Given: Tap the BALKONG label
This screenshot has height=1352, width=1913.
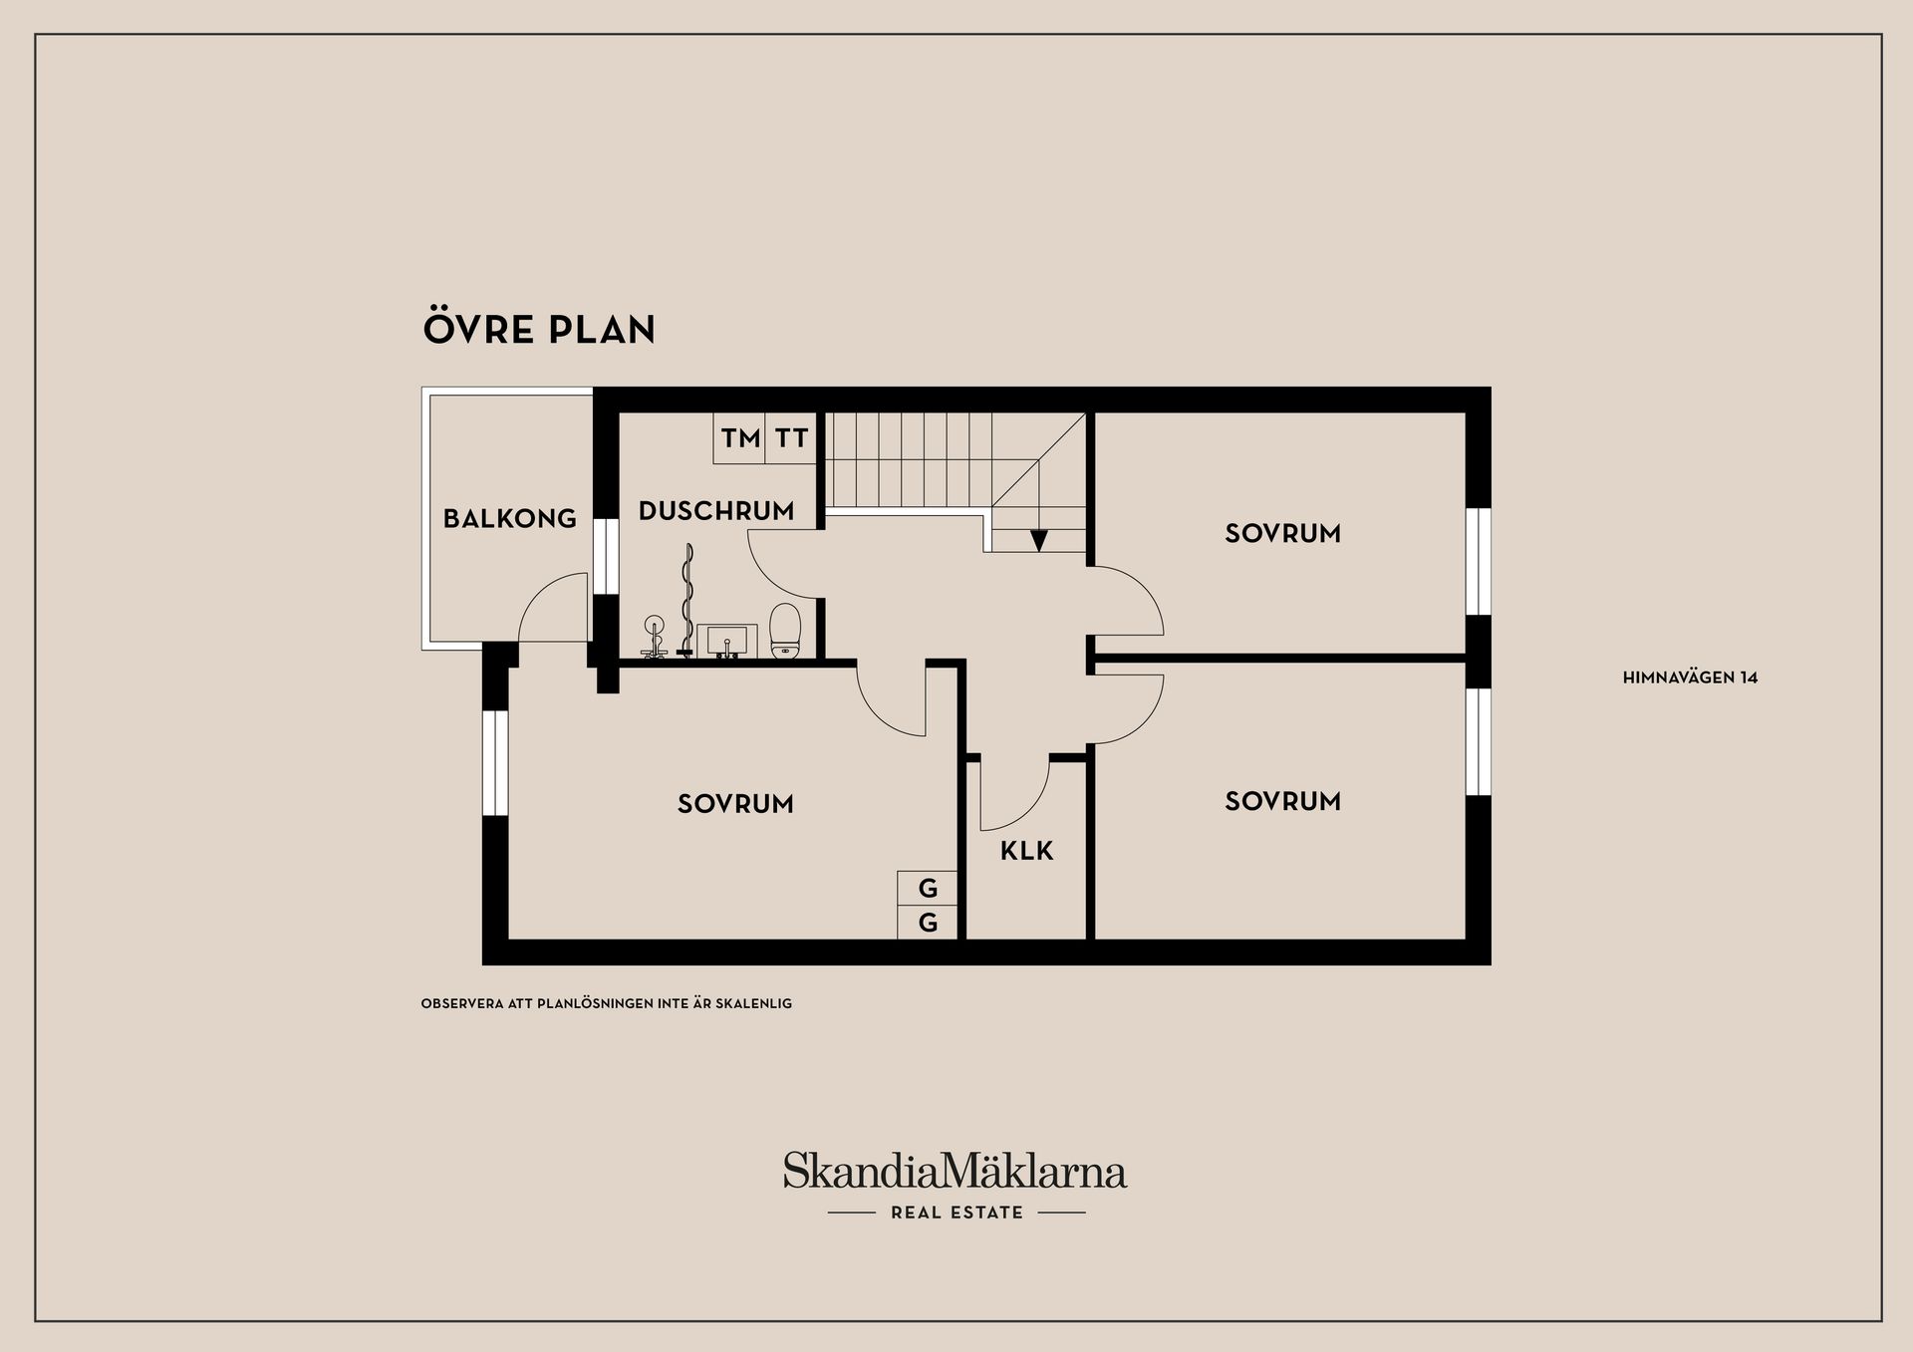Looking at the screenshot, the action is [x=510, y=518].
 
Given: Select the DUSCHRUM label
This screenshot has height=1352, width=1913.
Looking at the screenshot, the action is [x=716, y=511].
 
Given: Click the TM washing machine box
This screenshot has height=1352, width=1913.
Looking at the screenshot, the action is [x=740, y=438].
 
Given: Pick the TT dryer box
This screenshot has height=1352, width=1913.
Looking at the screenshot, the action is [x=791, y=438].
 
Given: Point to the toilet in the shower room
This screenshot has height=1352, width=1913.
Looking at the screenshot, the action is [x=785, y=631].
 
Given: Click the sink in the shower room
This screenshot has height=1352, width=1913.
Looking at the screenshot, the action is [x=727, y=641].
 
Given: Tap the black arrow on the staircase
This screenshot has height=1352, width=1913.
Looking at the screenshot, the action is [x=1039, y=540].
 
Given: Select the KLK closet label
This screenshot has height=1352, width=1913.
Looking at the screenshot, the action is [x=1027, y=851].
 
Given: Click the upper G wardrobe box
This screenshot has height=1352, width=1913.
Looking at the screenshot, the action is [x=928, y=888].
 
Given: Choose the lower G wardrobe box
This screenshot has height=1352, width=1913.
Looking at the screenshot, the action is [x=928, y=923].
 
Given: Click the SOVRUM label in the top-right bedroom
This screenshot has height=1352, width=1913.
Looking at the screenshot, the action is [x=1283, y=533].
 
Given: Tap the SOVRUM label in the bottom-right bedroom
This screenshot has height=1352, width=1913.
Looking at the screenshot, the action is [x=1283, y=801].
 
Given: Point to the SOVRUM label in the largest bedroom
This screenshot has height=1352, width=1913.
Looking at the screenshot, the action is [x=736, y=804].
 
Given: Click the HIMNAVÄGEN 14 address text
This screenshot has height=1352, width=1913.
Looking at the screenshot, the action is [x=1691, y=677].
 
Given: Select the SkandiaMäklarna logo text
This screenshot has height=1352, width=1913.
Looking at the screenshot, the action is [x=955, y=1171].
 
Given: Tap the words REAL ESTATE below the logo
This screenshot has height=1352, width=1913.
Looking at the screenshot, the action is [x=957, y=1213].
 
